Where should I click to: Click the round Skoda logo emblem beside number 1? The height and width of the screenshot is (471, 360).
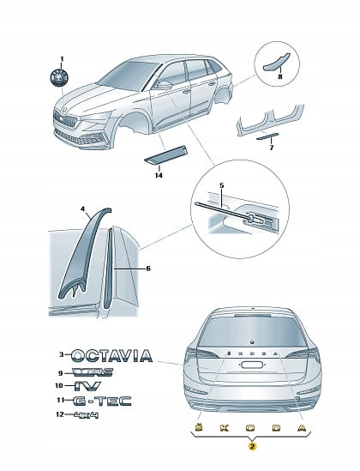pyautogui.click(x=59, y=77)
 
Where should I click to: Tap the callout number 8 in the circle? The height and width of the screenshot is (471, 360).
pyautogui.click(x=280, y=76)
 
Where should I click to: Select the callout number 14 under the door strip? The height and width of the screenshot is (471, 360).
pyautogui.click(x=159, y=175)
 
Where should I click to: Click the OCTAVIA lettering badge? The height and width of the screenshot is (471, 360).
pyautogui.click(x=112, y=356)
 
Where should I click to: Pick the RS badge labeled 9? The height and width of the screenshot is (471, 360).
pyautogui.click(x=93, y=372)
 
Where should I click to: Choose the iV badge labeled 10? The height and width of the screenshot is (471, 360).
pyautogui.click(x=87, y=386)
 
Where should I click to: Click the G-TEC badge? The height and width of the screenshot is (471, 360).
pyautogui.click(x=102, y=401)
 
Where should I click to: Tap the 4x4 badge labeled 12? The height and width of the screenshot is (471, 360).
pyautogui.click(x=86, y=415)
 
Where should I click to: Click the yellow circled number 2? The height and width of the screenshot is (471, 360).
pyautogui.click(x=252, y=446)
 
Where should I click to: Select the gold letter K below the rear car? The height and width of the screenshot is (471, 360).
pyautogui.click(x=224, y=428)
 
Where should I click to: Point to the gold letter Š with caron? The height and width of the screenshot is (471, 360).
pyautogui.click(x=198, y=427)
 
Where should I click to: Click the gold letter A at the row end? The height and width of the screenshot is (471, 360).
pyautogui.click(x=302, y=428)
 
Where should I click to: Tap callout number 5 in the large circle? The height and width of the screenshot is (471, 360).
pyautogui.click(x=221, y=185)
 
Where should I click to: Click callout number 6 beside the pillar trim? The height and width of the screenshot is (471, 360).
pyautogui.click(x=148, y=269)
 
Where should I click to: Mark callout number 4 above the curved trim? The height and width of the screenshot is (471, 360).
pyautogui.click(x=83, y=208)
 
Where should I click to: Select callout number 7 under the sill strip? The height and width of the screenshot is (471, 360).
pyautogui.click(x=271, y=148)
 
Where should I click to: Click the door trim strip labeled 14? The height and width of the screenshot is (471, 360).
pyautogui.click(x=166, y=155)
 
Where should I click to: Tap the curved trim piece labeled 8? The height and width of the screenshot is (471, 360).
pyautogui.click(x=276, y=62)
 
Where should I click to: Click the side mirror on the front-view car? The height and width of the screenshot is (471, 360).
pyautogui.click(x=165, y=85)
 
